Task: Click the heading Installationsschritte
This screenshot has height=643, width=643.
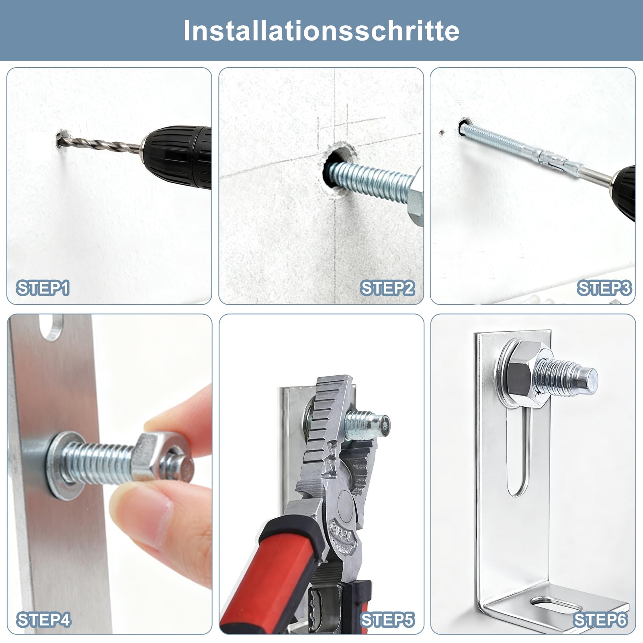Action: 321,31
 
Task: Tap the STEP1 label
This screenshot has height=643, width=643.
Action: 43,289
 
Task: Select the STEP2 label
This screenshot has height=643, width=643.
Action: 387,289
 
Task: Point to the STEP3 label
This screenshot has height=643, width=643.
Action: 604,289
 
